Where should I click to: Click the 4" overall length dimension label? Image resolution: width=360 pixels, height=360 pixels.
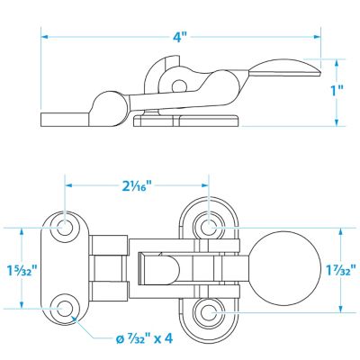pos(180,37)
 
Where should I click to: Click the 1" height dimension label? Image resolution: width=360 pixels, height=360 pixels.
pos(337,91)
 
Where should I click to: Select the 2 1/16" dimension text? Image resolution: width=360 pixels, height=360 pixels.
pos(136,186)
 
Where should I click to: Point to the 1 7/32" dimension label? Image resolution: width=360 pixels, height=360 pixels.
pos(341,270)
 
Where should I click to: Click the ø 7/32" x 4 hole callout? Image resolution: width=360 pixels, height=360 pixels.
pos(144,338)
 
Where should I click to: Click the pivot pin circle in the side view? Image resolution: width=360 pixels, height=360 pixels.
pos(179,86)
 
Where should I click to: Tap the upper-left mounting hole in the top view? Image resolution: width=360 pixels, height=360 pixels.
pos(65,226)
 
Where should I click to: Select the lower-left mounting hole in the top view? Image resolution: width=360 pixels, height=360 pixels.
pos(65,309)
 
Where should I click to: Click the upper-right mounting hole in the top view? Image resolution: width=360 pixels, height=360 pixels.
pos(209,227)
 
